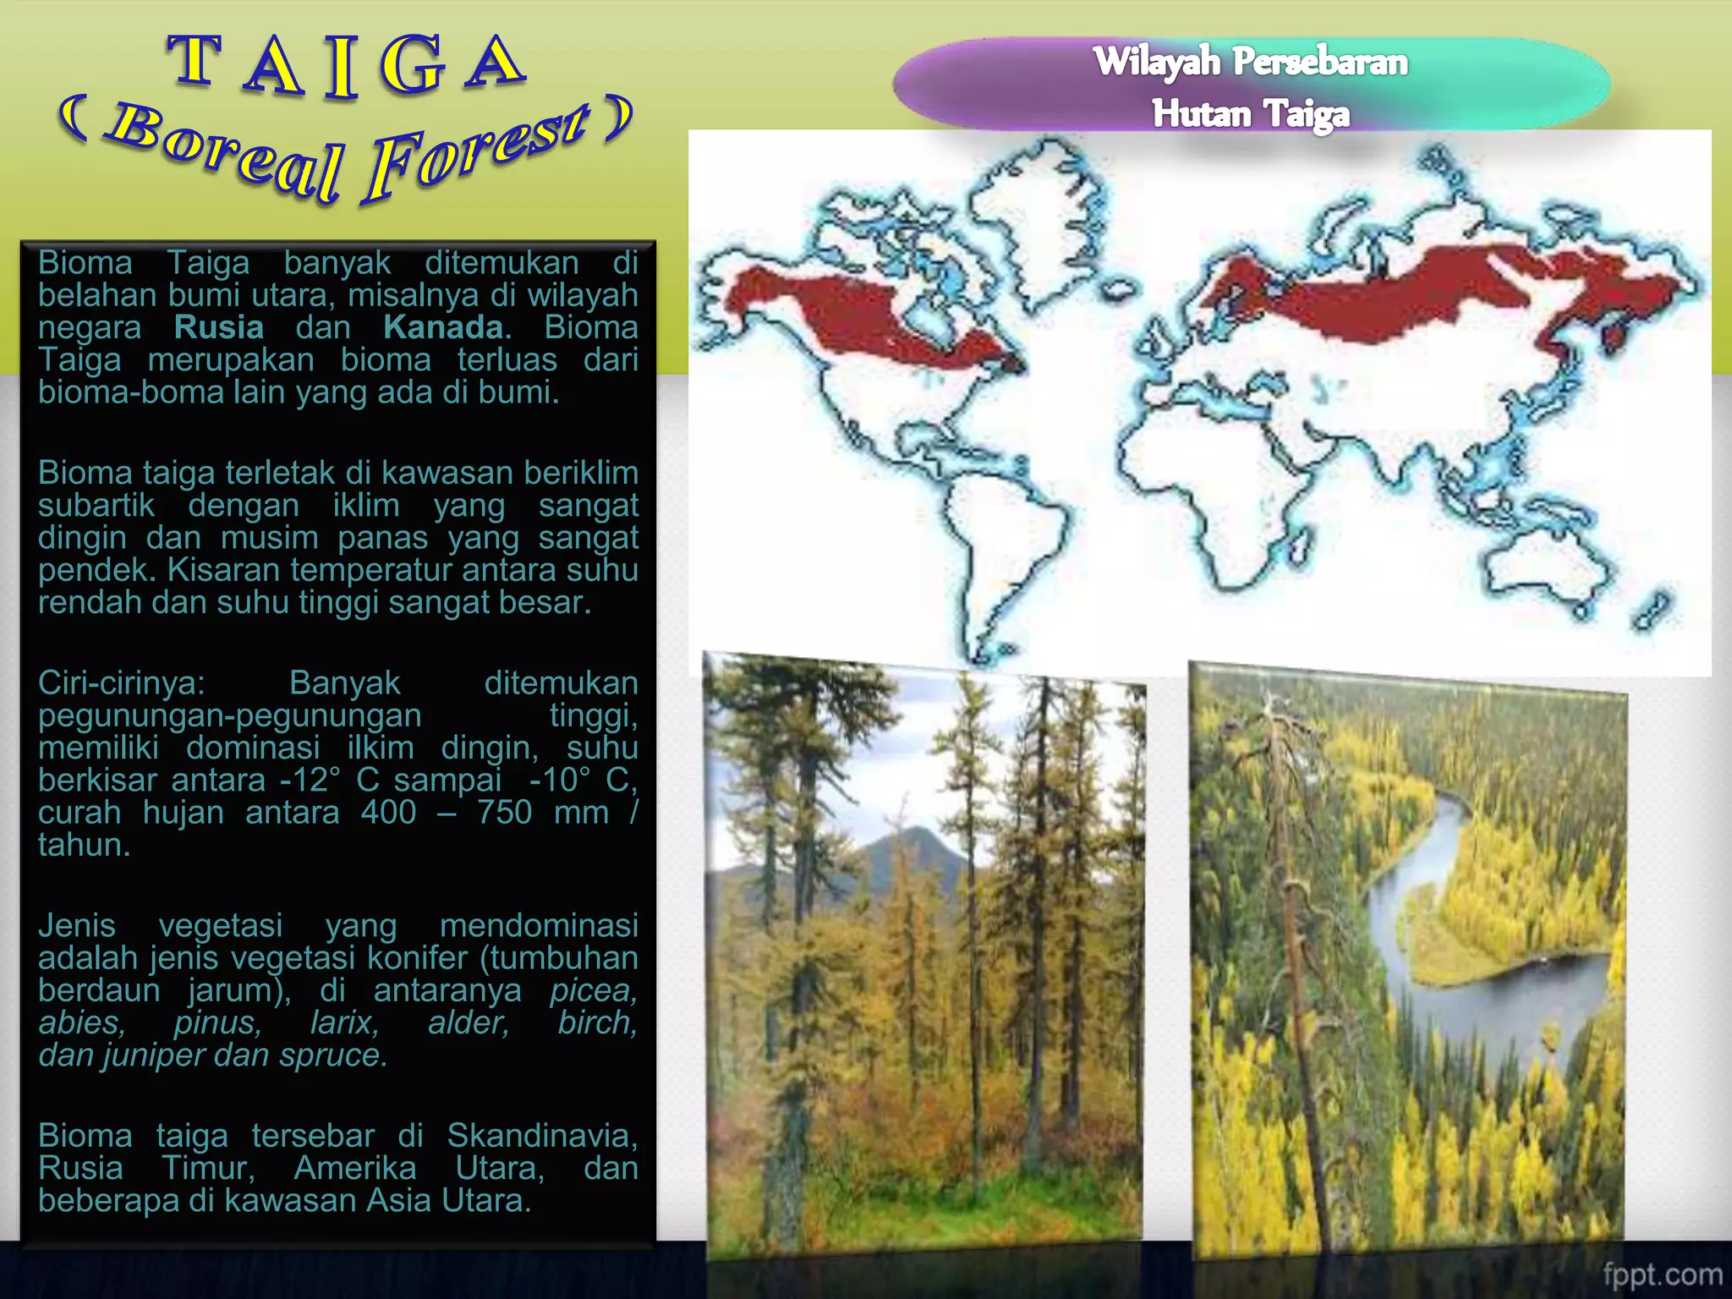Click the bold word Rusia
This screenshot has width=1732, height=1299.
click(x=219, y=327)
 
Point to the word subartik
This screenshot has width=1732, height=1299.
click(x=96, y=506)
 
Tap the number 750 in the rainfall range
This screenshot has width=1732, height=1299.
click(x=504, y=813)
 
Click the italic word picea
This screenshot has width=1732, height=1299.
click(x=593, y=990)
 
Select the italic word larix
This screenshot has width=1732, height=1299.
click(x=344, y=1023)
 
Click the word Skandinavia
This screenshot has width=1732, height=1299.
click(x=541, y=1136)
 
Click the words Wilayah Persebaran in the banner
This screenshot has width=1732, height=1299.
click(x=1250, y=62)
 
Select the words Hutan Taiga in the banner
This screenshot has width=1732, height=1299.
click(x=1250, y=113)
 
